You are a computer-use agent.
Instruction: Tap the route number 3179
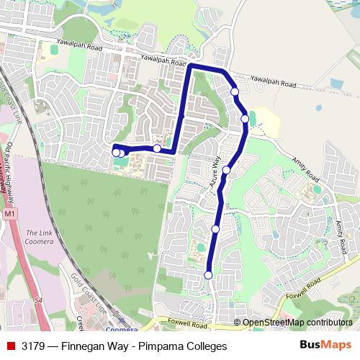pos(34,346)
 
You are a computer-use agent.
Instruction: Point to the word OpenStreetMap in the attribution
pos(273,323)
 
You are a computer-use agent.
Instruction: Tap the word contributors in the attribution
pos(329,323)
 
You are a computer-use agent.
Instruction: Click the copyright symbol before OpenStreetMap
pos(237,323)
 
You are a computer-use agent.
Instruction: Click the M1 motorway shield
pos(9,215)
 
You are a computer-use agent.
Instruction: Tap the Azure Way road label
pos(214,175)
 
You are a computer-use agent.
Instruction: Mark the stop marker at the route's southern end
pos(208,275)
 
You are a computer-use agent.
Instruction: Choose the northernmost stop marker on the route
pos(235,91)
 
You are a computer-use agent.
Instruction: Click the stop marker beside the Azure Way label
pos(226,170)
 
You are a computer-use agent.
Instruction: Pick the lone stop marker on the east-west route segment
pos(157,148)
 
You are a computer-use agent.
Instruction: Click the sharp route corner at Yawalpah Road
pos(190,67)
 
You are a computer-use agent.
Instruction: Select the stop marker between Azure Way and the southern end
pos(215,229)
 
